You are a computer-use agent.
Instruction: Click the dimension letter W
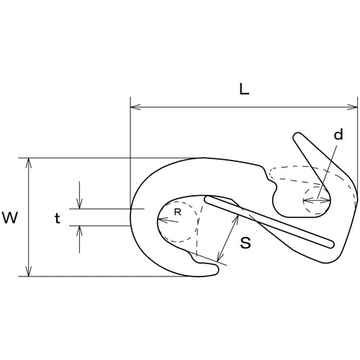[11, 217]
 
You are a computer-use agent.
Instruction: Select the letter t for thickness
[57, 217]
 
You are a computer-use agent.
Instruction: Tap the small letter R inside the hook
[177, 213]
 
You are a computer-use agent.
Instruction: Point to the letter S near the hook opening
[245, 243]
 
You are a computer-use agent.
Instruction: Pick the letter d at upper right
[338, 135]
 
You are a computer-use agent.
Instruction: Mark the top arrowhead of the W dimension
[29, 161]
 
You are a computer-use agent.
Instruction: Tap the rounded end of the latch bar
[330, 245]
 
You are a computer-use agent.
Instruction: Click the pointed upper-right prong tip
[297, 135]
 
